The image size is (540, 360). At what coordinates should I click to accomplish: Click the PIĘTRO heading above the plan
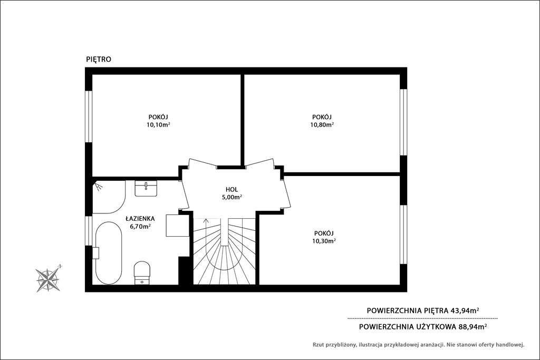click(99, 60)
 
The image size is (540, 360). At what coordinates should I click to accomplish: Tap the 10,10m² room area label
click(158, 125)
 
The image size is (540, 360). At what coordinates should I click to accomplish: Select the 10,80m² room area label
click(322, 125)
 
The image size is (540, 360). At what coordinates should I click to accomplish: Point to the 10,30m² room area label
click(324, 241)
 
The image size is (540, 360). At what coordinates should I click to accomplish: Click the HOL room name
click(232, 189)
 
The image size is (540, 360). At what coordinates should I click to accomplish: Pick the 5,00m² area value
click(232, 197)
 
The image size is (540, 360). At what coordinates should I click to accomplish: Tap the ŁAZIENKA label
click(140, 218)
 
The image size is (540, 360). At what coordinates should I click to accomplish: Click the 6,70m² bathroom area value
click(140, 226)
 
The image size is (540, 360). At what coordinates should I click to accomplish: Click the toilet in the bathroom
click(142, 272)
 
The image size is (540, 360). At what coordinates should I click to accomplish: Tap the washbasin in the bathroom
click(146, 188)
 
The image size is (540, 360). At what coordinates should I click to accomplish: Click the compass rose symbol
click(48, 279)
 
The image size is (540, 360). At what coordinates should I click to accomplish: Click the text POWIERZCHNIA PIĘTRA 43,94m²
click(422, 310)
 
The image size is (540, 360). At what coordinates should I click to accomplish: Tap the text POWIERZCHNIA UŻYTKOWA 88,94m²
click(422, 326)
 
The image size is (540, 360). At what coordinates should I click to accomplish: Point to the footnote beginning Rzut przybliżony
click(418, 345)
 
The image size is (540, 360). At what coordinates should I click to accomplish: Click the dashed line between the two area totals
click(422, 318)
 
